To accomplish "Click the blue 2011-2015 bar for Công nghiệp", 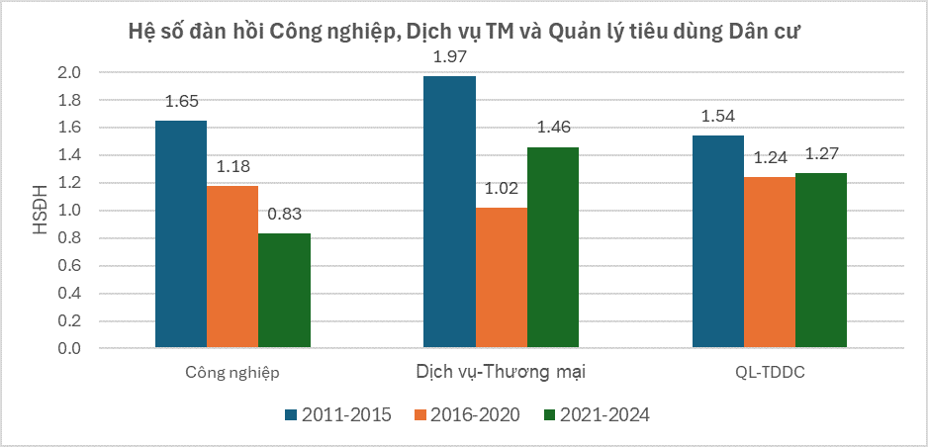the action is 181,234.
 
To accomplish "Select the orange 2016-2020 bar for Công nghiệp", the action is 232,267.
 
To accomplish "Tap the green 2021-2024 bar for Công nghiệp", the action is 285,291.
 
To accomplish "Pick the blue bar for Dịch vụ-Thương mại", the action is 450,212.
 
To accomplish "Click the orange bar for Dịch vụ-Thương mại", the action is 502,278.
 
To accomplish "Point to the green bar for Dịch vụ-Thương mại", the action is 553,247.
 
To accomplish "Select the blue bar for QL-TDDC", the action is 718,241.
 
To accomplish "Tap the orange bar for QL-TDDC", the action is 770,262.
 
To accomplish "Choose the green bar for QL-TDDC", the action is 821,260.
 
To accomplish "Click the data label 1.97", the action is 449,57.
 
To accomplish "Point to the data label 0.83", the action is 284,215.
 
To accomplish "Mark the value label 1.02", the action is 502,189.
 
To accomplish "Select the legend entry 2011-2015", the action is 338,415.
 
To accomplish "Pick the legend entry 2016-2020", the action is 466,415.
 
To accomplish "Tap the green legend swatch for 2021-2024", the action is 547,415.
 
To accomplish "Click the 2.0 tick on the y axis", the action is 77,73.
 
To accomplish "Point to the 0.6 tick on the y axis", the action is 77,266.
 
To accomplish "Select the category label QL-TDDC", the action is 770,373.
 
